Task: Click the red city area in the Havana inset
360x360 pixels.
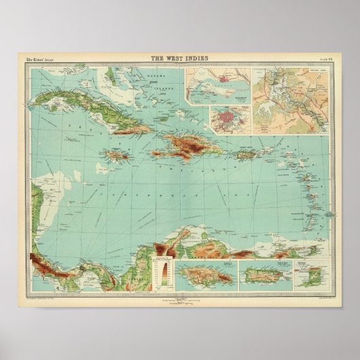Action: [228, 118]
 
